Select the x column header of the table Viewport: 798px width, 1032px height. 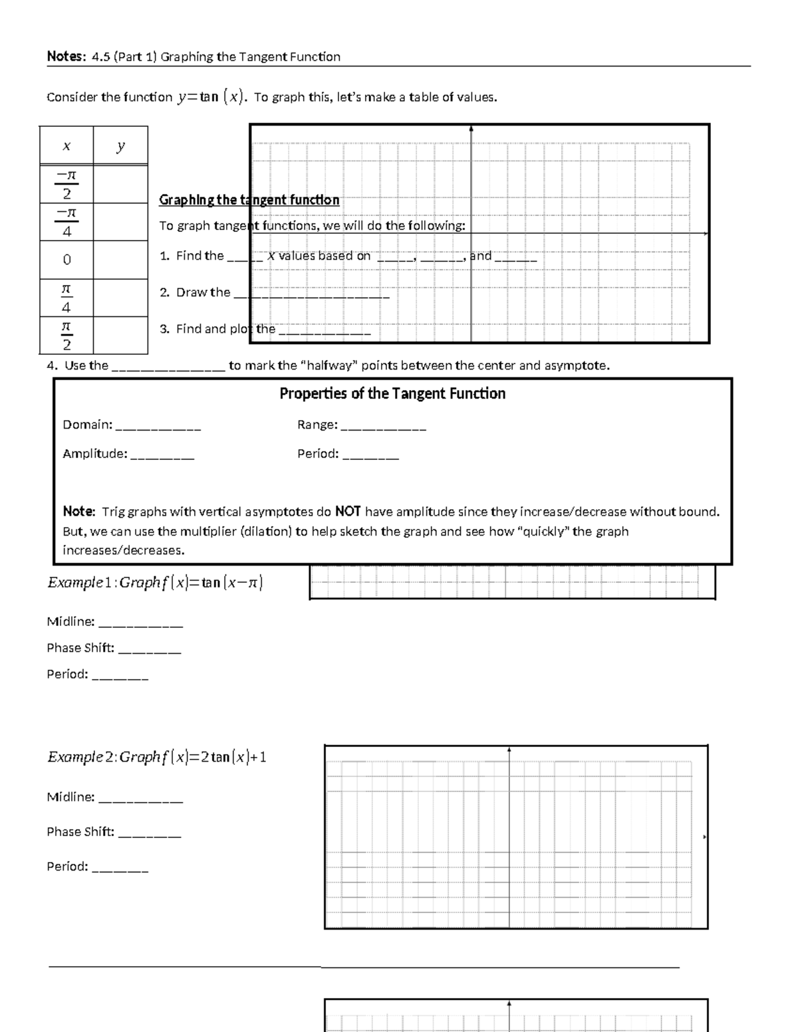(66, 146)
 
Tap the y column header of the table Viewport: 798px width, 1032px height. (120, 146)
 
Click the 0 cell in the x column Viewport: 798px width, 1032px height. (66, 260)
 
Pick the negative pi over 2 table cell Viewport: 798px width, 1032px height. (66, 184)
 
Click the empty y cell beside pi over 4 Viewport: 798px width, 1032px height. (120, 298)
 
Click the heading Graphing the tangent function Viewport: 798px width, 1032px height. (249, 200)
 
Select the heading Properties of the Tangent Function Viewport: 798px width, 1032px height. (392, 393)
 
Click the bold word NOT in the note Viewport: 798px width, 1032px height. (348, 512)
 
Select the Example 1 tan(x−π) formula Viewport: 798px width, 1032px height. (155, 583)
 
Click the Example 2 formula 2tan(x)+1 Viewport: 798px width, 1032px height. (157, 757)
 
